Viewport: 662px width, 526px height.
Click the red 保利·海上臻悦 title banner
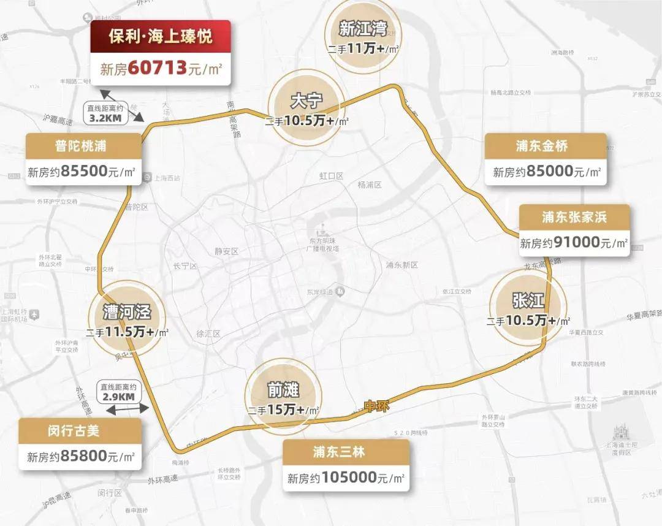[161, 36]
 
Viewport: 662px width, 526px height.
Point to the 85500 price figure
[82, 172]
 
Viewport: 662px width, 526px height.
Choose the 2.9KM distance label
[118, 397]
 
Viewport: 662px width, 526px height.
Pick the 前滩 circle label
[283, 390]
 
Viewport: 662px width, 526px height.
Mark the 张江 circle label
[528, 301]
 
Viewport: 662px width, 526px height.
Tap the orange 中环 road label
[377, 406]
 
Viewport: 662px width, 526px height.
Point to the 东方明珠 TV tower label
[331, 244]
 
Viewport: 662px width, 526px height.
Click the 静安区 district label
[226, 251]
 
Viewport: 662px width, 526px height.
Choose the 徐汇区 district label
[208, 334]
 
